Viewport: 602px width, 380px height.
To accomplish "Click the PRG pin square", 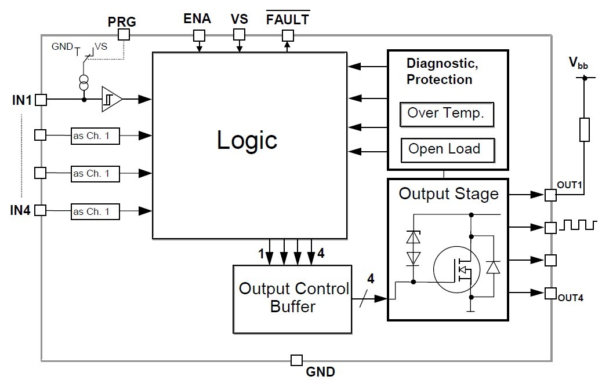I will coord(124,35).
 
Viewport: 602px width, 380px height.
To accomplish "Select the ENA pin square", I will coord(199,35).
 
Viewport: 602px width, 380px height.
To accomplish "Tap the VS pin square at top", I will coord(239,35).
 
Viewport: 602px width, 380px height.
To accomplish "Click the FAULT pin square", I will coord(288,35).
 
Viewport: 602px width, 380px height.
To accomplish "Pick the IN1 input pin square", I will coord(41,100).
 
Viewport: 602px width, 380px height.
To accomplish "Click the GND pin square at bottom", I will coord(296,360).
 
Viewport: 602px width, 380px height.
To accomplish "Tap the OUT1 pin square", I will coord(550,195).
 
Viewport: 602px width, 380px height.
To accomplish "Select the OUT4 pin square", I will coord(550,294).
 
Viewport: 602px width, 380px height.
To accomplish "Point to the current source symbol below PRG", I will coord(85,83).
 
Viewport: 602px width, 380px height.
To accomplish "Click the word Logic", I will coord(247,140).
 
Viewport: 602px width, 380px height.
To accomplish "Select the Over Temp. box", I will coord(446,114).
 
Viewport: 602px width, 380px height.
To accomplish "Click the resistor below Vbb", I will coord(584,130).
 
